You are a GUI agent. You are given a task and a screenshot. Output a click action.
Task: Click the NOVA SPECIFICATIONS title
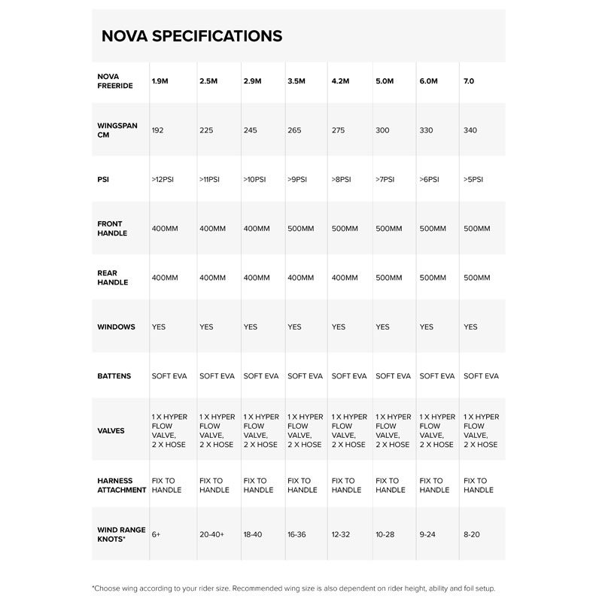tap(192, 35)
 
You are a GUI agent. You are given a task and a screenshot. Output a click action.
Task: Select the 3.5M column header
tap(296, 81)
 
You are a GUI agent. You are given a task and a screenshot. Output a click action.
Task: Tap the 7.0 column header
tap(470, 81)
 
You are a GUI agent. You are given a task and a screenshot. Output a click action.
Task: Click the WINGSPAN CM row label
tap(117, 130)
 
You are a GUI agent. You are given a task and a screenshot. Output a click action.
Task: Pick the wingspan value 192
tap(157, 130)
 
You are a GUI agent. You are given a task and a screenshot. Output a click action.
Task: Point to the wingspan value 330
tap(427, 130)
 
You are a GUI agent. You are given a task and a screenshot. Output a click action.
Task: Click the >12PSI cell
tap(163, 179)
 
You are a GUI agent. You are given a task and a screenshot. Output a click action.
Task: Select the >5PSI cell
tap(473, 179)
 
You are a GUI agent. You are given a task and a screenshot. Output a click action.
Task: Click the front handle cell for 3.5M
tap(301, 228)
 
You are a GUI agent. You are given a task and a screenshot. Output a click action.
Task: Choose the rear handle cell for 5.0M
tap(389, 278)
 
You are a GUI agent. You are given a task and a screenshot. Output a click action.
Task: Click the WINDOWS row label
tap(116, 327)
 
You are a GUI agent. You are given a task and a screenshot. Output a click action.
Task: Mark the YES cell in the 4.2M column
tap(339, 327)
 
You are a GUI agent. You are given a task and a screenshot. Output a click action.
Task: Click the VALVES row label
tap(111, 430)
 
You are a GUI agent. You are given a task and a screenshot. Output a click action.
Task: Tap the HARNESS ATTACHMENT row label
tap(121, 485)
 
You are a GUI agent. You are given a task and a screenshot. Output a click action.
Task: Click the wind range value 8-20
tap(473, 534)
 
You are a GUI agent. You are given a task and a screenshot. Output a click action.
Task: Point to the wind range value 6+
tap(156, 534)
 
